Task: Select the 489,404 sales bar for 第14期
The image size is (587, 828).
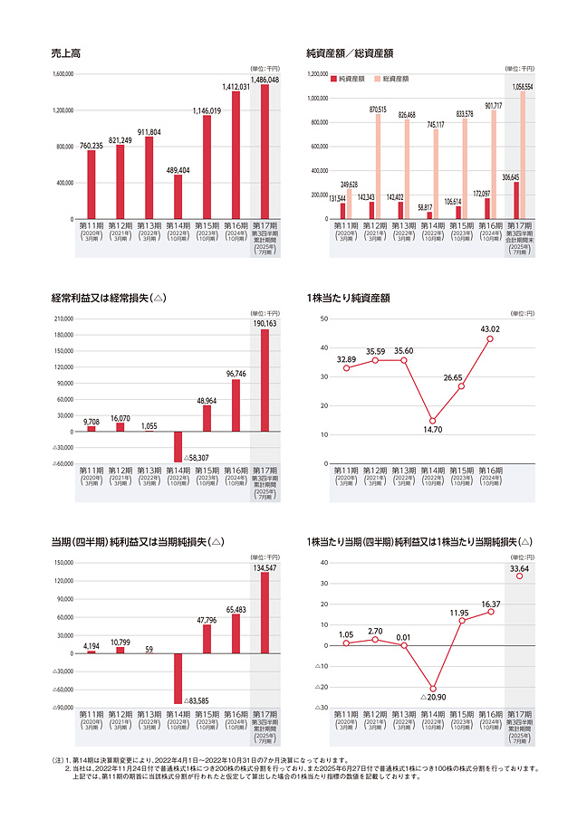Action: tap(178, 196)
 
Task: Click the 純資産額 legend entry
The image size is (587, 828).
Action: tap(349, 80)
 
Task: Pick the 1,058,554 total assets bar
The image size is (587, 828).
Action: tap(522, 155)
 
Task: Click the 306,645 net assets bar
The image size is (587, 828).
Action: tap(515, 200)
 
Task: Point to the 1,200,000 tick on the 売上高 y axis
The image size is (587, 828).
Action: tap(63, 110)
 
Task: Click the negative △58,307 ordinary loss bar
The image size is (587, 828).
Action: tap(178, 447)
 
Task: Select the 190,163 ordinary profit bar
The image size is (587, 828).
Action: tap(265, 380)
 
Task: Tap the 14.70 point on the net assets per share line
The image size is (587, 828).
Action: tap(432, 421)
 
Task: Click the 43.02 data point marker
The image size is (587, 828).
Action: tap(490, 339)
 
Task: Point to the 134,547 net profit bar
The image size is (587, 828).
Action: tap(265, 613)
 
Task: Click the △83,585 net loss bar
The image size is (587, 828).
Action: tap(178, 679)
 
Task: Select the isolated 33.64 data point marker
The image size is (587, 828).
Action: tap(519, 576)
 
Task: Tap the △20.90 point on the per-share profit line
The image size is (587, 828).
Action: tap(432, 689)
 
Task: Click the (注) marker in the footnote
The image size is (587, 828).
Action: tap(58, 760)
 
